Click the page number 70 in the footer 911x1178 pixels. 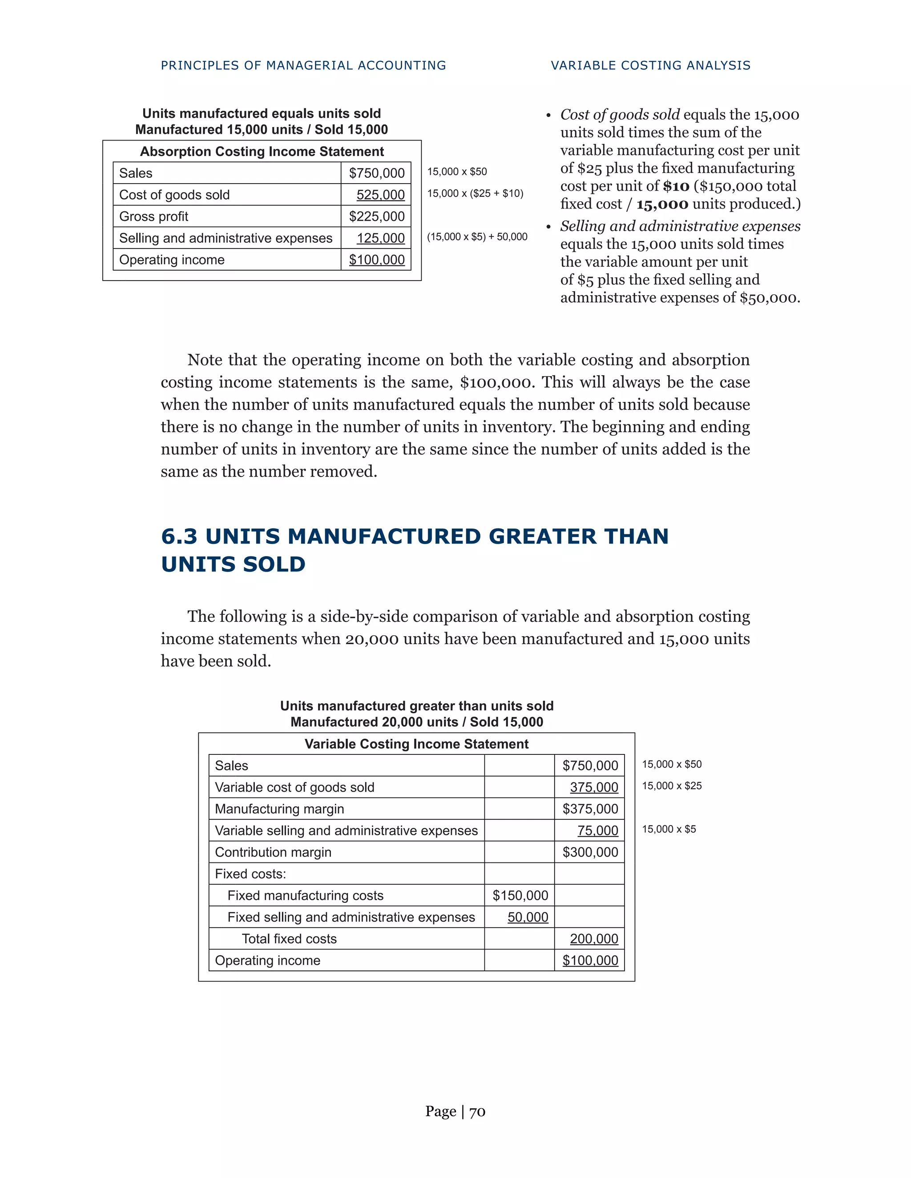[477, 1112]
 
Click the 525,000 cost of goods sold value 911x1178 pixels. [380, 195]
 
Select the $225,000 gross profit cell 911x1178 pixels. [377, 216]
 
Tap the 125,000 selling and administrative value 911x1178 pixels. [380, 238]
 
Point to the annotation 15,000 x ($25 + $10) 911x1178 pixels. [475, 193]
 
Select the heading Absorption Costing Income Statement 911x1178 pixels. [262, 152]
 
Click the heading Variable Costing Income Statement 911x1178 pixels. [416, 744]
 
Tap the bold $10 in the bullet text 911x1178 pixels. [676, 186]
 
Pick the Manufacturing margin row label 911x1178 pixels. [279, 809]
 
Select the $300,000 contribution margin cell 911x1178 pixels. [590, 852]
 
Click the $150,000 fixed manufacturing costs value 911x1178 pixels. [520, 895]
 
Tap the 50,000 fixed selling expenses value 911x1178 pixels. [528, 917]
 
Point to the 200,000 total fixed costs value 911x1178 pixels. [594, 938]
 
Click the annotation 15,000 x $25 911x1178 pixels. [671, 786]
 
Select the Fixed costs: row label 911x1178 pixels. [250, 874]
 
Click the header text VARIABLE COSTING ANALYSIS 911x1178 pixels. [650, 65]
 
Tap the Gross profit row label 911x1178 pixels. [153, 216]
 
